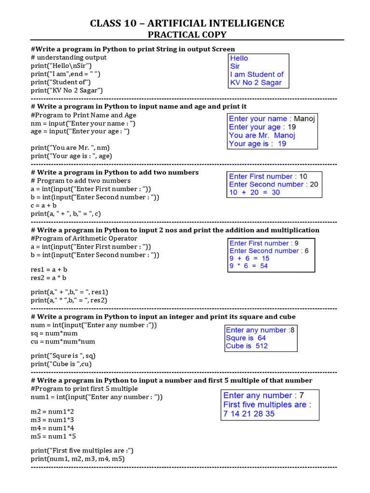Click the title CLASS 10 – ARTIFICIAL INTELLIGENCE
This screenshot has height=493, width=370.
(187, 23)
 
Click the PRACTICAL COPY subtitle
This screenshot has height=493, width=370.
(187, 35)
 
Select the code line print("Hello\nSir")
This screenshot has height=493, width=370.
(61, 65)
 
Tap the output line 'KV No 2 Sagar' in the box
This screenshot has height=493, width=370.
(256, 82)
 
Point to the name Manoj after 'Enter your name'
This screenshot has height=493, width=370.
(304, 119)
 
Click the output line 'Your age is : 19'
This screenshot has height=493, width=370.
(258, 143)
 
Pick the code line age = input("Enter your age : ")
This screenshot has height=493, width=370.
(80, 131)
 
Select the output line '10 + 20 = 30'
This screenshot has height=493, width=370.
(254, 192)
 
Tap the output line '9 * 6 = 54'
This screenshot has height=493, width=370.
(249, 266)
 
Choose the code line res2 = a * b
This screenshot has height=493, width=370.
(49, 278)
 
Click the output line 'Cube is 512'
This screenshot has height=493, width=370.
(247, 346)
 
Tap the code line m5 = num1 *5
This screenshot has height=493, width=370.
(53, 436)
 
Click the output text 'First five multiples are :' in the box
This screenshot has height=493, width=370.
(267, 405)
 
